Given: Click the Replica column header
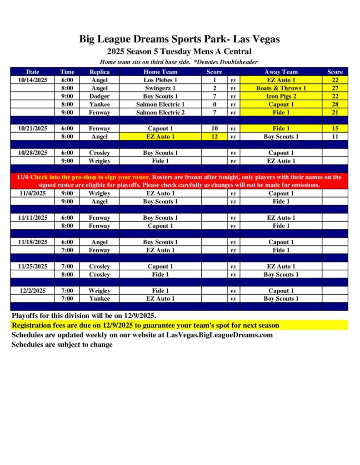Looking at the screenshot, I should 99,72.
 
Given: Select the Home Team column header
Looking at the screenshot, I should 160,72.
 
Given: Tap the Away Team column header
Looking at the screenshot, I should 281,72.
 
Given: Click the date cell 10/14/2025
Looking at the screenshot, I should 33,80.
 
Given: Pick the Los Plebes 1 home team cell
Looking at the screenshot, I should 160,80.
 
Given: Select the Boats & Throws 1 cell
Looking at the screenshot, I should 281,88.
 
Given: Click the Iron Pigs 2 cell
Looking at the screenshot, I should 281,96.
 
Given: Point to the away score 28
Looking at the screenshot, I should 335,104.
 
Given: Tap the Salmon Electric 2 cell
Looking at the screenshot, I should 160,113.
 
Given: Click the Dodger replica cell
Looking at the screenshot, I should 99,96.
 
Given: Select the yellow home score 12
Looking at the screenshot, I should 214,137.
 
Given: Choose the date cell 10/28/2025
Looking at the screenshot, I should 33,153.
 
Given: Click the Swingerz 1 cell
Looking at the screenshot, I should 160,88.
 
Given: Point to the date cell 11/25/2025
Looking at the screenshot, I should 33,267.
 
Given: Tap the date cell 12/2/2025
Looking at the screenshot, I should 33,291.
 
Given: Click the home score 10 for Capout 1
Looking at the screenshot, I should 214,129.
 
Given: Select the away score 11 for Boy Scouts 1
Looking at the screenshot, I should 335,137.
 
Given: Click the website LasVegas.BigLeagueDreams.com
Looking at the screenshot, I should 222,335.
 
